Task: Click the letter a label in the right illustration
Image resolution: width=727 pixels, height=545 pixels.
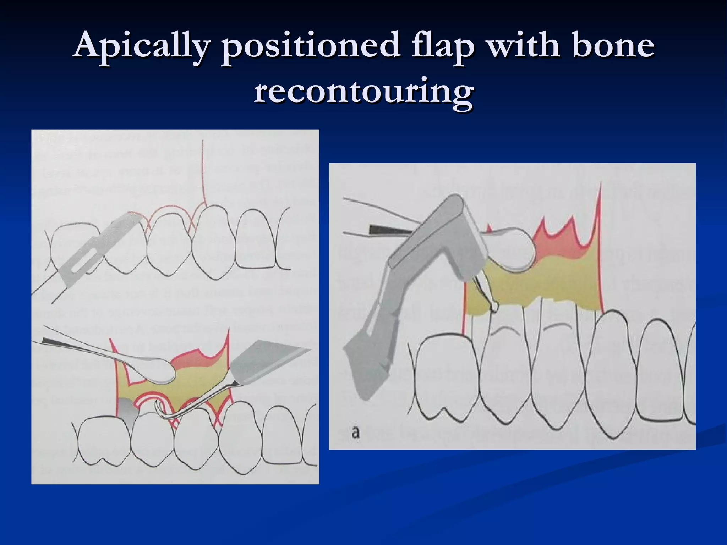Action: click(x=355, y=433)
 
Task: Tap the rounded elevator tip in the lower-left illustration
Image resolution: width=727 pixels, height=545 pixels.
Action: click(x=160, y=371)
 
